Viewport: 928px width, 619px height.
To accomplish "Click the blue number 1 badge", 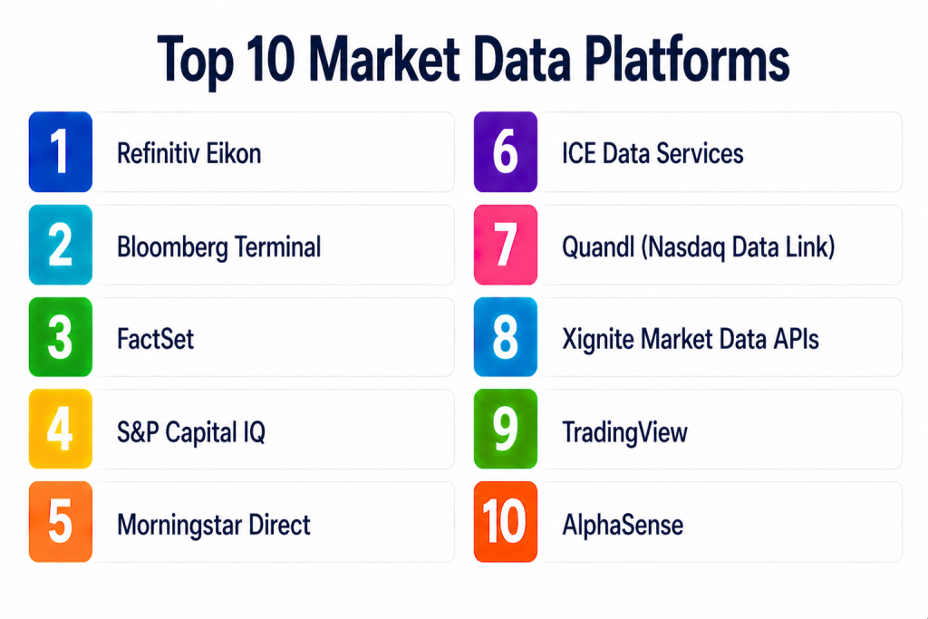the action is [x=61, y=152].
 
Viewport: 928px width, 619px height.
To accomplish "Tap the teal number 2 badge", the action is [x=61, y=245].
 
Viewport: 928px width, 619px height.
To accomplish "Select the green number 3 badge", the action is [x=61, y=337].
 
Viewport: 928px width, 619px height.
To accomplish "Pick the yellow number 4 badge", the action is [x=61, y=429].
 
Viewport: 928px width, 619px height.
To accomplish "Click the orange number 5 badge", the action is [x=61, y=522].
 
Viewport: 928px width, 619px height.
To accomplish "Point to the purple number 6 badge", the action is [x=506, y=152].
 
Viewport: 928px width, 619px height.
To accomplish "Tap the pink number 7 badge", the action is [x=506, y=245].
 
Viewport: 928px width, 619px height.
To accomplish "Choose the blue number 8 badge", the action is [x=506, y=337].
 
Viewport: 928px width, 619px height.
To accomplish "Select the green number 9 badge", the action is [x=506, y=429].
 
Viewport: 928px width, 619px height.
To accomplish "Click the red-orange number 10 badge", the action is [x=506, y=522].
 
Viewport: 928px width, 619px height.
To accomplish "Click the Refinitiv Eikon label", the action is [x=188, y=154].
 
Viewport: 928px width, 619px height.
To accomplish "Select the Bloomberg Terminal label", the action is [x=219, y=247].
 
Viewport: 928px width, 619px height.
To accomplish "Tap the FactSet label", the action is [x=155, y=339].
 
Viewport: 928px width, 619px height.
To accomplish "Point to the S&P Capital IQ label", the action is [x=191, y=432].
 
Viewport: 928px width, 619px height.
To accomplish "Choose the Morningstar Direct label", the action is [x=214, y=525].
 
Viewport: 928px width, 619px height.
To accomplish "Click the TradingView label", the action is [x=625, y=432].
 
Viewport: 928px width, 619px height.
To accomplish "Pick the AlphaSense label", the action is [x=623, y=525].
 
